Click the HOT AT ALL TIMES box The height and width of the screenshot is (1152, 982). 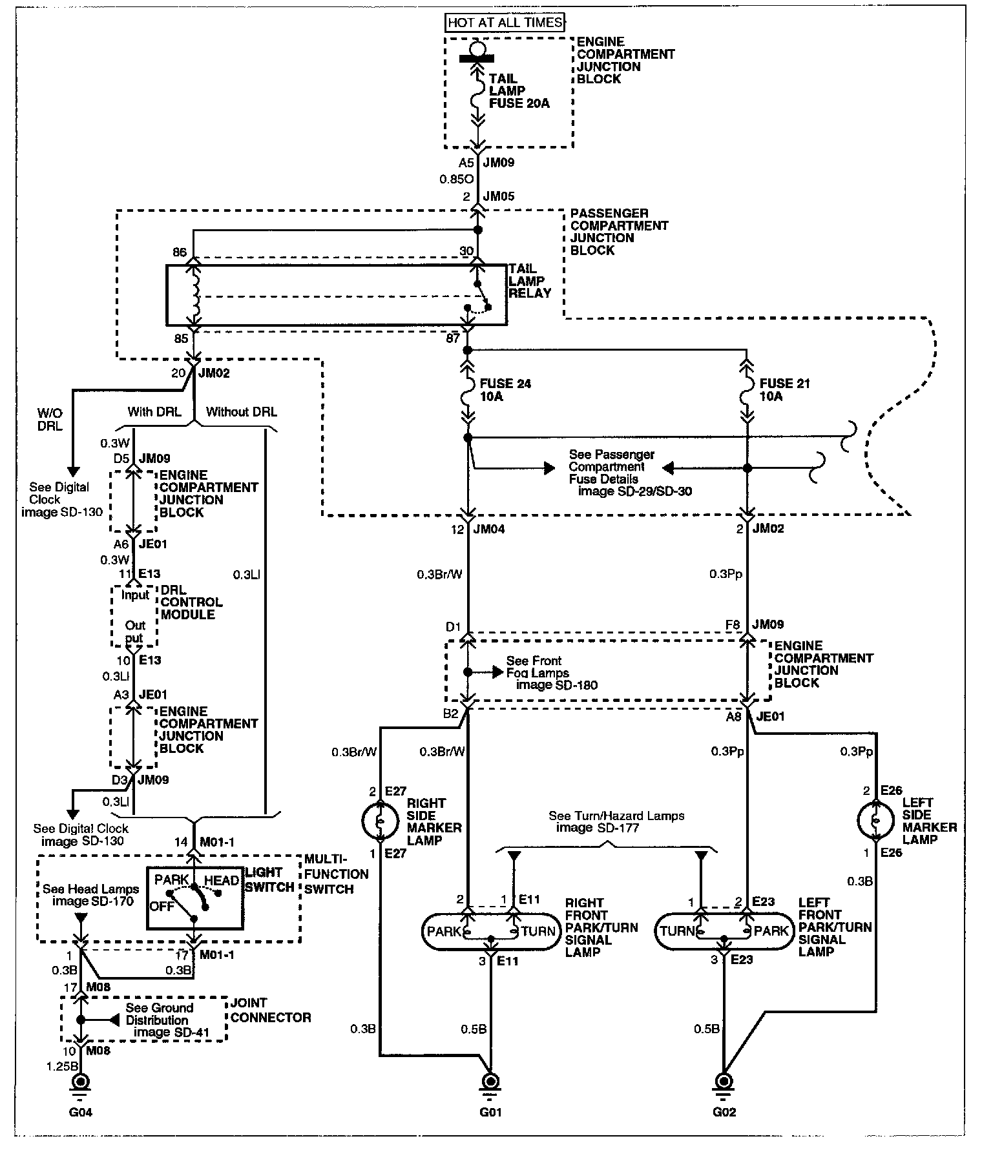[506, 23]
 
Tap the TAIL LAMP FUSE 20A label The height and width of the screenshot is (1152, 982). [519, 91]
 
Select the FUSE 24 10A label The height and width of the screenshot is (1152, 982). [505, 390]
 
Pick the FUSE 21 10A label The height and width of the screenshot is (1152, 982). [784, 390]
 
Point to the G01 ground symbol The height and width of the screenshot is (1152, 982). [490, 1082]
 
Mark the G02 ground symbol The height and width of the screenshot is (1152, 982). [724, 1082]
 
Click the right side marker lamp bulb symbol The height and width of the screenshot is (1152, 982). [380, 821]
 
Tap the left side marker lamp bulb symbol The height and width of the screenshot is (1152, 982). [875, 820]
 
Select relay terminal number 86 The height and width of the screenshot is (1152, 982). [180, 251]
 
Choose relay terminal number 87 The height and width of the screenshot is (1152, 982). [452, 338]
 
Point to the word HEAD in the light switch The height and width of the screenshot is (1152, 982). [222, 880]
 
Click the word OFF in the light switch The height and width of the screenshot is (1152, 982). [162, 906]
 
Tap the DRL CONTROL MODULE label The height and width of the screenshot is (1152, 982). [191, 602]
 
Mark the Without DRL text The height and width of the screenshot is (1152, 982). [241, 412]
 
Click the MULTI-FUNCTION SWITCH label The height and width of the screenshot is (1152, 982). [336, 874]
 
